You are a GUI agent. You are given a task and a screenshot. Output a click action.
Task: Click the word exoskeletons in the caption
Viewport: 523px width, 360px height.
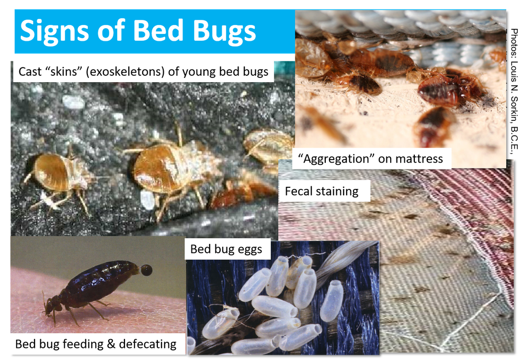[125, 72]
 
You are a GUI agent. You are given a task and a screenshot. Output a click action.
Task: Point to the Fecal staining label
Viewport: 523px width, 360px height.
[322, 191]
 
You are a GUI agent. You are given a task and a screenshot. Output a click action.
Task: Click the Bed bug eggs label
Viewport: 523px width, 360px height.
[226, 249]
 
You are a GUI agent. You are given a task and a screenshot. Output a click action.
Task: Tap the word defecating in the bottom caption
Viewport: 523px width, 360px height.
[148, 344]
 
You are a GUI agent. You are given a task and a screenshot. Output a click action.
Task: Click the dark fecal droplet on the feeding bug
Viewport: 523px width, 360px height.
[146, 270]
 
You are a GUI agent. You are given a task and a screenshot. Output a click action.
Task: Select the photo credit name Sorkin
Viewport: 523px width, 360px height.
[514, 109]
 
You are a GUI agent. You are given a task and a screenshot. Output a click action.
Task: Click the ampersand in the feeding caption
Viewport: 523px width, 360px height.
[111, 344]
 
